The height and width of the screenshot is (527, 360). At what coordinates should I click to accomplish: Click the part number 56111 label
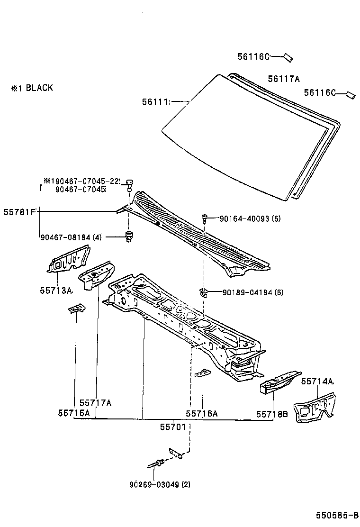point(156,101)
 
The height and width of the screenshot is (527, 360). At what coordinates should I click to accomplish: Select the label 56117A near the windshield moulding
point(284,79)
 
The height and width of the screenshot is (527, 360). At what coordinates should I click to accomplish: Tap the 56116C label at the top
point(253,57)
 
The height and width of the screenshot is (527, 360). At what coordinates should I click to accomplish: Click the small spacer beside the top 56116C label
point(288,58)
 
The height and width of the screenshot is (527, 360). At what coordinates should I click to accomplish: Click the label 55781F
point(20,211)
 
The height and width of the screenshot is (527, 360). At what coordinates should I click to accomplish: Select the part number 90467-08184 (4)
point(72,237)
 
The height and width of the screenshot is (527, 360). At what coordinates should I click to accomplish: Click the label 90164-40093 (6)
point(251,218)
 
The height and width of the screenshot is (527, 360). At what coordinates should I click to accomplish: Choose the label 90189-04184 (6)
point(253,292)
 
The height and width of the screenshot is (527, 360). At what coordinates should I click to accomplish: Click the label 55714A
point(317,381)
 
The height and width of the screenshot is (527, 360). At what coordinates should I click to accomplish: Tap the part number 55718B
point(272,414)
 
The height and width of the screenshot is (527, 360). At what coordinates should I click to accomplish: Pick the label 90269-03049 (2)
point(159,484)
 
